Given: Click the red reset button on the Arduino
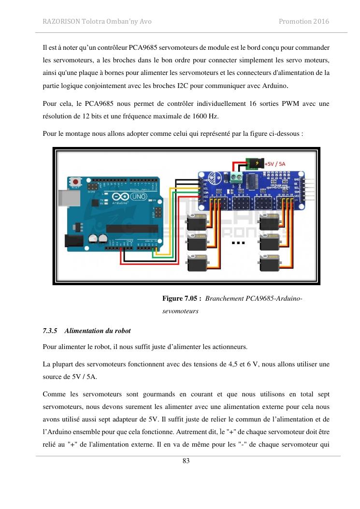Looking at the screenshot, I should pos(75,182).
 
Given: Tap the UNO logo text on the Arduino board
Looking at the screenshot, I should pos(139,197).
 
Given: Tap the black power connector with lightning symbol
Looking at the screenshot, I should pos(252,163).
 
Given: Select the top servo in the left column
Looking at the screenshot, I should pos(197,222).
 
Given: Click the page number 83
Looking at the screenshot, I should pos(186,461).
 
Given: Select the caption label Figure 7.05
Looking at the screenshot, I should pos(181,299).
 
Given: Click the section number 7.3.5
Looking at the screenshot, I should pos(50,331).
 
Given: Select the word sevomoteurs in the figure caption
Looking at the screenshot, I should pos(180,311).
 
